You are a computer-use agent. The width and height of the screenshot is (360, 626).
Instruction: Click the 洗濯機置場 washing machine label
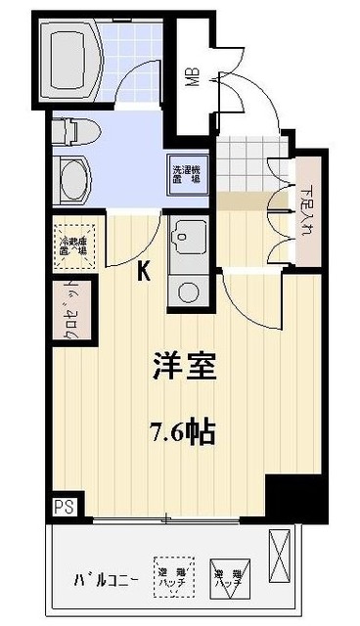point(186,176)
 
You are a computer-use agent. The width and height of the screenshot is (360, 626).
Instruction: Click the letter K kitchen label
point(144,273)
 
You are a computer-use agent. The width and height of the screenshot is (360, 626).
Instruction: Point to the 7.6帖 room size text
point(182,431)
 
